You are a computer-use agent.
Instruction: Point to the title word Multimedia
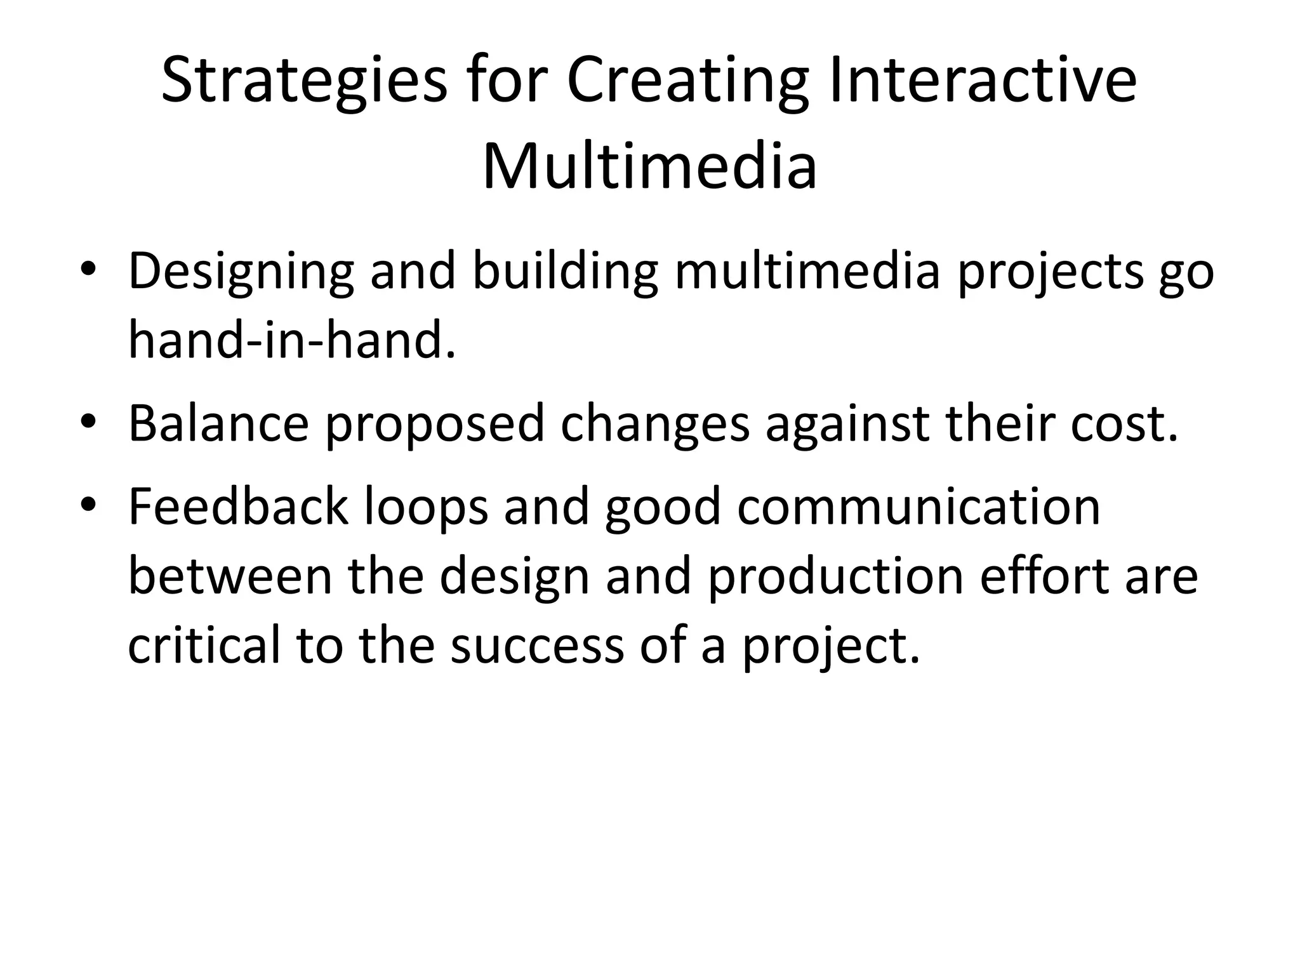tap(649, 167)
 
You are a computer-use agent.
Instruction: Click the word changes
tap(654, 423)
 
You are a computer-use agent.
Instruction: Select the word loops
tap(426, 508)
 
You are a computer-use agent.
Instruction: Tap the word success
tap(537, 646)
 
